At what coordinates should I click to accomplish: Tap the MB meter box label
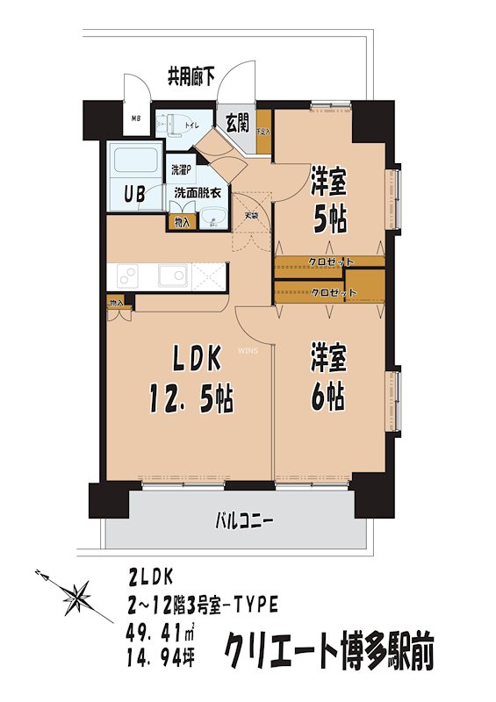pos(136,118)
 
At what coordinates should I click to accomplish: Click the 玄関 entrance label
pos(237,123)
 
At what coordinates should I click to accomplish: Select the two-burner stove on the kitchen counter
pos(126,276)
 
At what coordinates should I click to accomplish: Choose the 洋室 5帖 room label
pos(328,202)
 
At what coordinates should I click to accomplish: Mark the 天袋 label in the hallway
pos(251,215)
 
